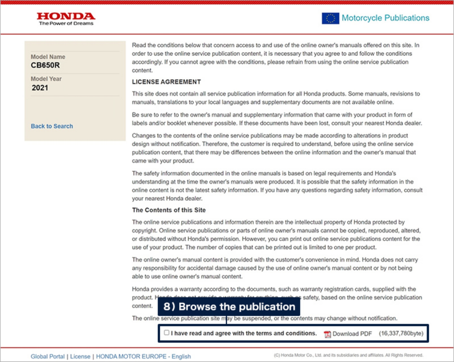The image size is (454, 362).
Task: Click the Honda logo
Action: (x=66, y=16)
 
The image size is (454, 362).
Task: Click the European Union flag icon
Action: (x=330, y=18)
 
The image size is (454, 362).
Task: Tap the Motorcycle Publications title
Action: (x=385, y=18)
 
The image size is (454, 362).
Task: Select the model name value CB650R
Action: (x=45, y=65)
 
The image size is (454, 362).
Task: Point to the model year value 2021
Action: (x=40, y=88)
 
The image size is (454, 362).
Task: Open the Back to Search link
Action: (x=52, y=126)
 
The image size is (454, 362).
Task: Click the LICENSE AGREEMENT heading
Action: (x=166, y=82)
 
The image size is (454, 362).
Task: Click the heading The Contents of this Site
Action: (x=169, y=210)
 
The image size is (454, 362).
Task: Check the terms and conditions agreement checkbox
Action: (x=167, y=332)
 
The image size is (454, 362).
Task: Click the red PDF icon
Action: (x=327, y=334)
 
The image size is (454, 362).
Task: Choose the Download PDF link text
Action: (x=352, y=334)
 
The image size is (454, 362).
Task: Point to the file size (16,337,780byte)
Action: (x=401, y=333)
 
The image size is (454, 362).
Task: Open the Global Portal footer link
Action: (x=48, y=356)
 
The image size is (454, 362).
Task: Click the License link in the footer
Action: (x=80, y=356)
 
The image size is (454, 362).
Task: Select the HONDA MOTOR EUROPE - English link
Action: (x=143, y=356)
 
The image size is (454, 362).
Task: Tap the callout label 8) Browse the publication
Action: (x=229, y=307)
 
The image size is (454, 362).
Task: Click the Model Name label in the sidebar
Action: (x=48, y=57)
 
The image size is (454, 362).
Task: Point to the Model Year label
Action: (x=46, y=79)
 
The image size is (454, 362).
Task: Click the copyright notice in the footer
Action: (x=348, y=355)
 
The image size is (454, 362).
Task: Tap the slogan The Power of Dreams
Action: (x=66, y=24)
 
